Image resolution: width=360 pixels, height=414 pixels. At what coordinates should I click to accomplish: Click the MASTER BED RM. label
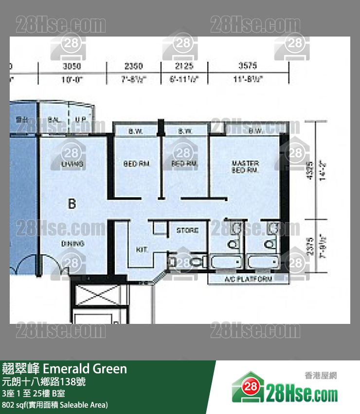(246, 167)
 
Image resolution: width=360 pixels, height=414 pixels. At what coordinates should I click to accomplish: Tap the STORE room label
(187, 230)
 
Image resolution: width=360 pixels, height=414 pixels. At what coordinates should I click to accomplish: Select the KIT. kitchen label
(142, 249)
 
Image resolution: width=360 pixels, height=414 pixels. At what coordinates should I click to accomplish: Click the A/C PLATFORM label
(248, 279)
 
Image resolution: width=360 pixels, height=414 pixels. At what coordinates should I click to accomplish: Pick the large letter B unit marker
(72, 204)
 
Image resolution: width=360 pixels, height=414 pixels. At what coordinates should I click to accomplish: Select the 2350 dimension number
(133, 66)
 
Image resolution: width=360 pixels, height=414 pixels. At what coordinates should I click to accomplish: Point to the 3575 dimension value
(248, 66)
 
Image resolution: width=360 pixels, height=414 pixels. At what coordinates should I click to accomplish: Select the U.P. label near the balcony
(80, 119)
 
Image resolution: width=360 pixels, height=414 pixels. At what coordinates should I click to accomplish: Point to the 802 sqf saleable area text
(54, 405)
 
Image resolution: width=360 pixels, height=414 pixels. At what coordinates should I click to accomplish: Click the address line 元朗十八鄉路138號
(44, 382)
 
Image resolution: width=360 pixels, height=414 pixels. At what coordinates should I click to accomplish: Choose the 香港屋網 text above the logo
(321, 376)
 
